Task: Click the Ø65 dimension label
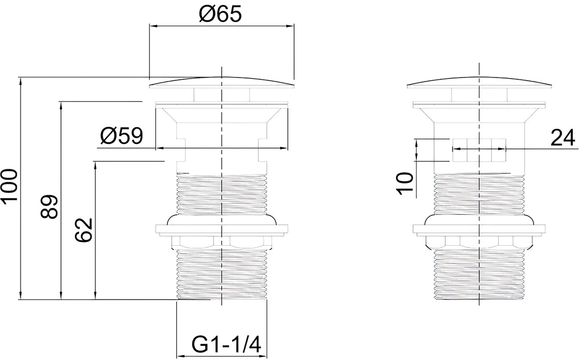[220, 13]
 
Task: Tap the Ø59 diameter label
[122, 136]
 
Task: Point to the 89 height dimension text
[49, 207]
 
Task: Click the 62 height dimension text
[84, 230]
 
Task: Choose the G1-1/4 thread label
[226, 345]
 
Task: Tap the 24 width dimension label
[563, 138]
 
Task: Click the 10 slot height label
[404, 184]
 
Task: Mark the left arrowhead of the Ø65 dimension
[154, 26]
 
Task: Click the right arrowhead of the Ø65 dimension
[290, 26]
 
